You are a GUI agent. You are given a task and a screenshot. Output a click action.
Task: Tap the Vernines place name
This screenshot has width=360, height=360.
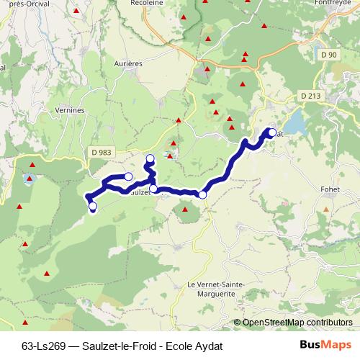(71, 110)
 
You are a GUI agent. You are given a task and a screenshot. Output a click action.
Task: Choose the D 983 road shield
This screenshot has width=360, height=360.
(102, 151)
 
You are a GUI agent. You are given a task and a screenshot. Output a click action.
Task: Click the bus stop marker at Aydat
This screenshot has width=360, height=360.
(272, 132)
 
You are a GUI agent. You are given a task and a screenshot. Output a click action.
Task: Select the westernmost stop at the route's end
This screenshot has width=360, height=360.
(92, 207)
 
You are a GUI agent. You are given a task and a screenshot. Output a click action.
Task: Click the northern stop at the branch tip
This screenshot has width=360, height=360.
(150, 158)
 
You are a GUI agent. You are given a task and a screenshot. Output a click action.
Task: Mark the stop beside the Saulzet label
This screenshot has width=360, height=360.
(153, 189)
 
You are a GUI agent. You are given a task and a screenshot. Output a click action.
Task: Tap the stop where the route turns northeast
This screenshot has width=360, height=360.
(202, 194)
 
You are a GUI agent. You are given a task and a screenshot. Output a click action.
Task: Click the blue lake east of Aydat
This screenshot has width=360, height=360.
(299, 119)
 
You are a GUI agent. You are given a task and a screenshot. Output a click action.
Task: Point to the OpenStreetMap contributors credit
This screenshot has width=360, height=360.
(292, 323)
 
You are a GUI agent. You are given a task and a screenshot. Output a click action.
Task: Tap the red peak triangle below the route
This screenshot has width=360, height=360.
(185, 210)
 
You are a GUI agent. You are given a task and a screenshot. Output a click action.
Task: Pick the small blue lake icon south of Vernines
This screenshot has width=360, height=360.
(29, 177)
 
